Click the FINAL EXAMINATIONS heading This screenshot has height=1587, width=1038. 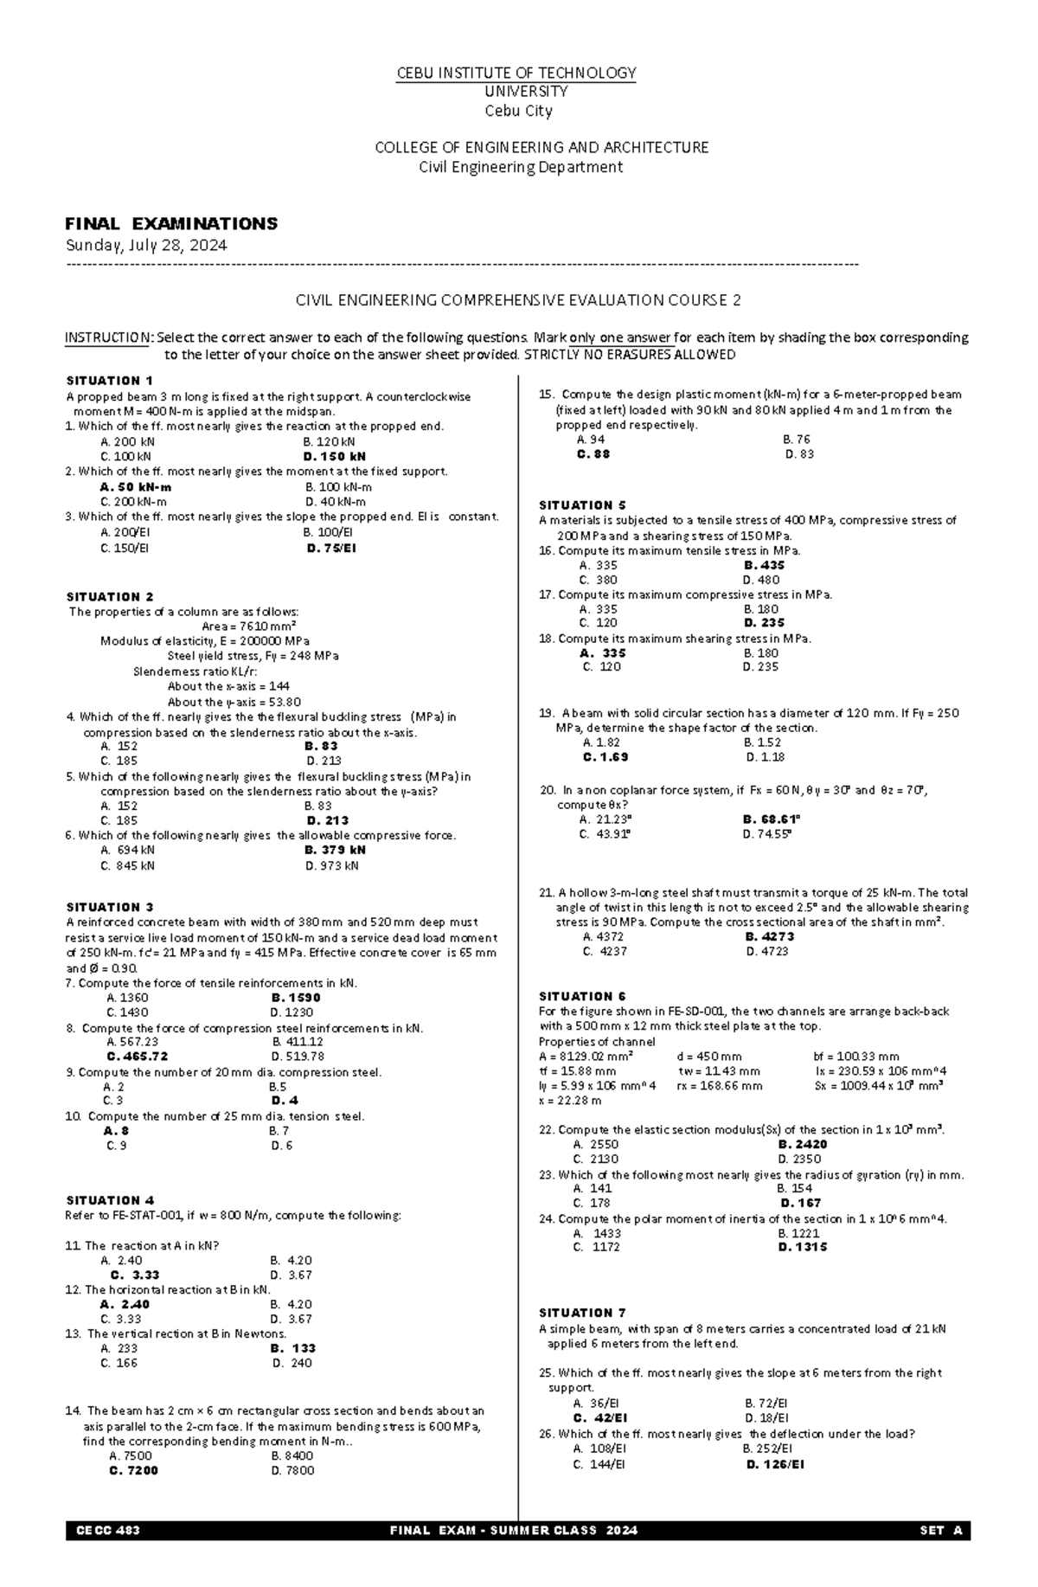point(172,223)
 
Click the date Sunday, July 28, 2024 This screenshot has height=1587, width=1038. point(147,245)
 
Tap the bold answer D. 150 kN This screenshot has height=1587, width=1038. point(335,456)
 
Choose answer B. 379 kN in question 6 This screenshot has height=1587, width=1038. point(335,850)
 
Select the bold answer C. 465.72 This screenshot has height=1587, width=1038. point(138,1056)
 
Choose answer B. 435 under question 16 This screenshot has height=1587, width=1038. point(764,565)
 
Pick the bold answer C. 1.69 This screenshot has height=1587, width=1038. point(605,756)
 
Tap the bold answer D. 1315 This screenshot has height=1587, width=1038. point(802,1247)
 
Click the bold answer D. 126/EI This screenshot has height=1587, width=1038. point(774,1464)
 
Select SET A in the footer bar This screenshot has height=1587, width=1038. point(941,1530)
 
